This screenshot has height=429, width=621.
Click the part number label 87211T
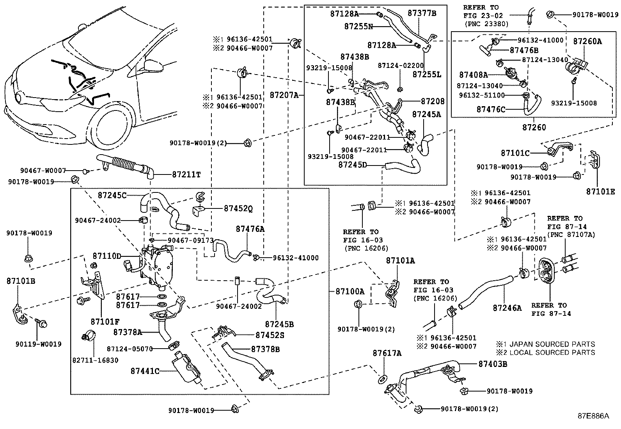[x=186, y=175]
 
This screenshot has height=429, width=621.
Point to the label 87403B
[x=493, y=364]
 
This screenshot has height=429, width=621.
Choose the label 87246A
[x=507, y=308]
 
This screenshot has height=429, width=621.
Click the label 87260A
[x=587, y=41]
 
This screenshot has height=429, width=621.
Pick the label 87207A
[x=284, y=95]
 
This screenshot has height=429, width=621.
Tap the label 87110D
[x=107, y=256]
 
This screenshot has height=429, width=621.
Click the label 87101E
[x=600, y=191]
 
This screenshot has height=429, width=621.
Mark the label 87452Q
[x=238, y=209]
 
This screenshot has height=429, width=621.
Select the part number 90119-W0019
[x=39, y=344]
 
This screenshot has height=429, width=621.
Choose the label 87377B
[x=422, y=13]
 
